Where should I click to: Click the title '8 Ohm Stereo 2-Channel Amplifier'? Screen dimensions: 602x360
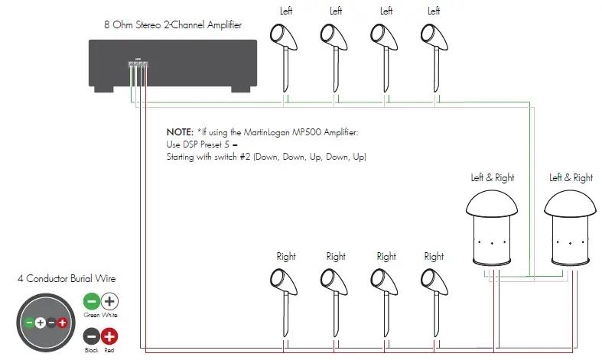coord(173,24)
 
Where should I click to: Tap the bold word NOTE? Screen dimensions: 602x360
coord(181,132)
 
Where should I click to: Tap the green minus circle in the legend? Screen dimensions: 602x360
coord(90,302)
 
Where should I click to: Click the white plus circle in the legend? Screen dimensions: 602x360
coord(109,302)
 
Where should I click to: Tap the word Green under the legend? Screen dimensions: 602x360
coord(90,315)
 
